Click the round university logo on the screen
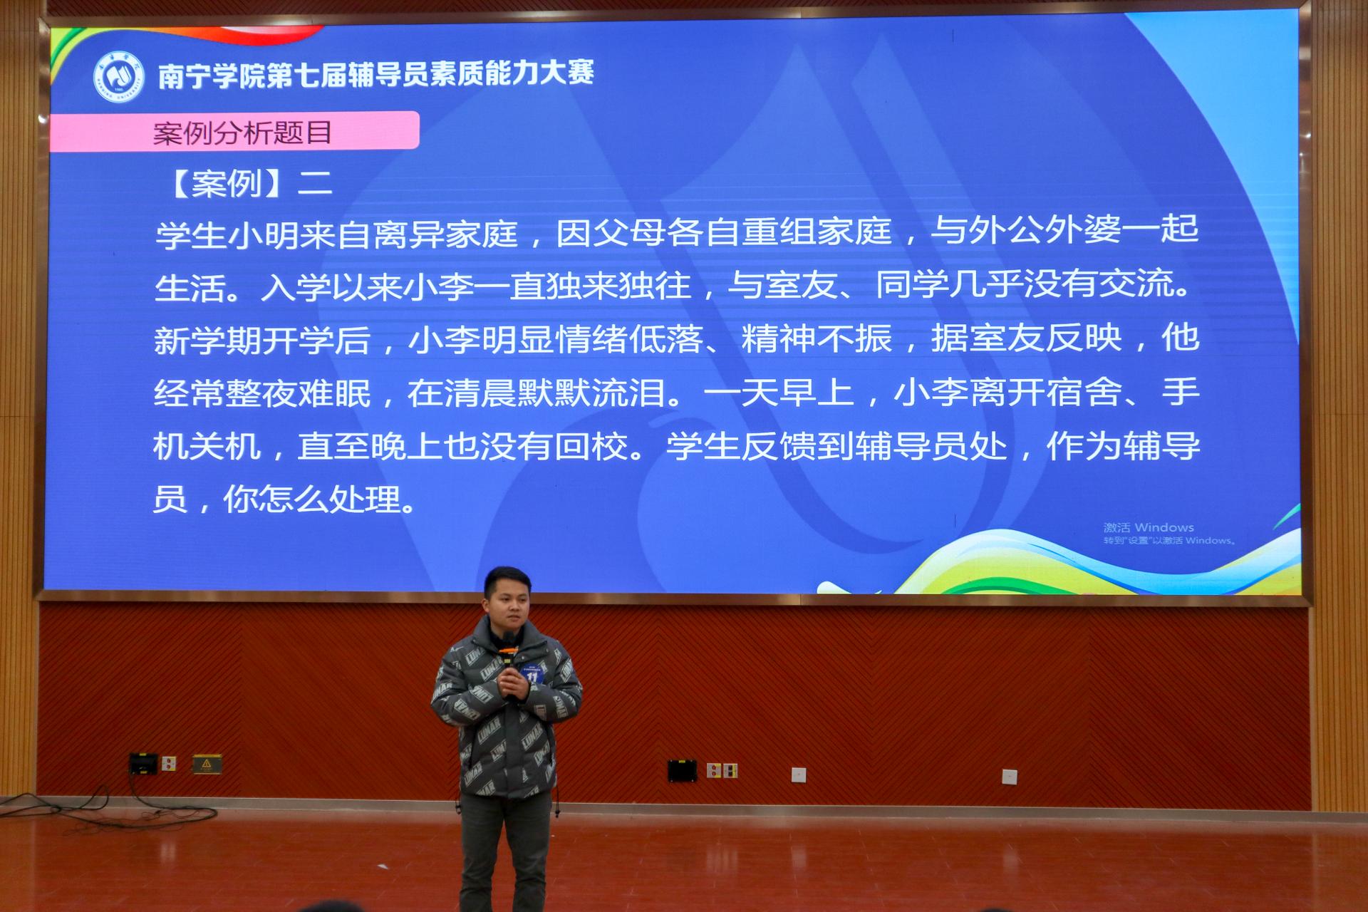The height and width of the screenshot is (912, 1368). pyautogui.click(x=118, y=76)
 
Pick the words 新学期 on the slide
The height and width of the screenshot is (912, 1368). pyautogui.click(x=207, y=341)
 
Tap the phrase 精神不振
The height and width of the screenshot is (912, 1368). pyautogui.click(x=817, y=338)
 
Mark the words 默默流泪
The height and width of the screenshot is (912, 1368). pyautogui.click(x=591, y=393)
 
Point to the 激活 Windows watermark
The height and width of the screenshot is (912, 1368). pyautogui.click(x=1149, y=527)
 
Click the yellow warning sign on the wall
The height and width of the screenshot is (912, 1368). pyautogui.click(x=207, y=765)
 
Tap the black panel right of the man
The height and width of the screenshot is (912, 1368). pyautogui.click(x=682, y=770)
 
